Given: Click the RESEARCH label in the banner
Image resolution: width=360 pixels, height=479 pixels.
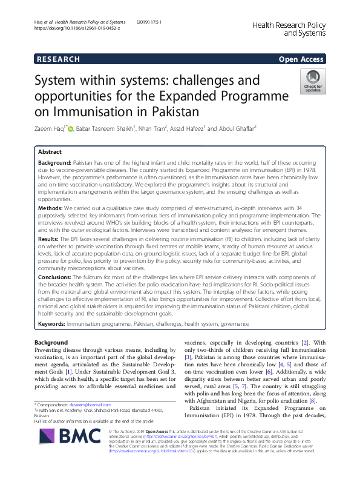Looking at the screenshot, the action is point(58,59).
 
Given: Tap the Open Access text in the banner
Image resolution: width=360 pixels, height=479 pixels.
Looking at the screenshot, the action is point(301,59).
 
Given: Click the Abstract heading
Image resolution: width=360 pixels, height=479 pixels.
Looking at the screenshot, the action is point(50,152).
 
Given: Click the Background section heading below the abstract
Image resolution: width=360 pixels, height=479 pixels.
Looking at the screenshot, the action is point(51,343).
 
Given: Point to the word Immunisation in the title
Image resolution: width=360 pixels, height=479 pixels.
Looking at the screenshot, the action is point(89,111).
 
